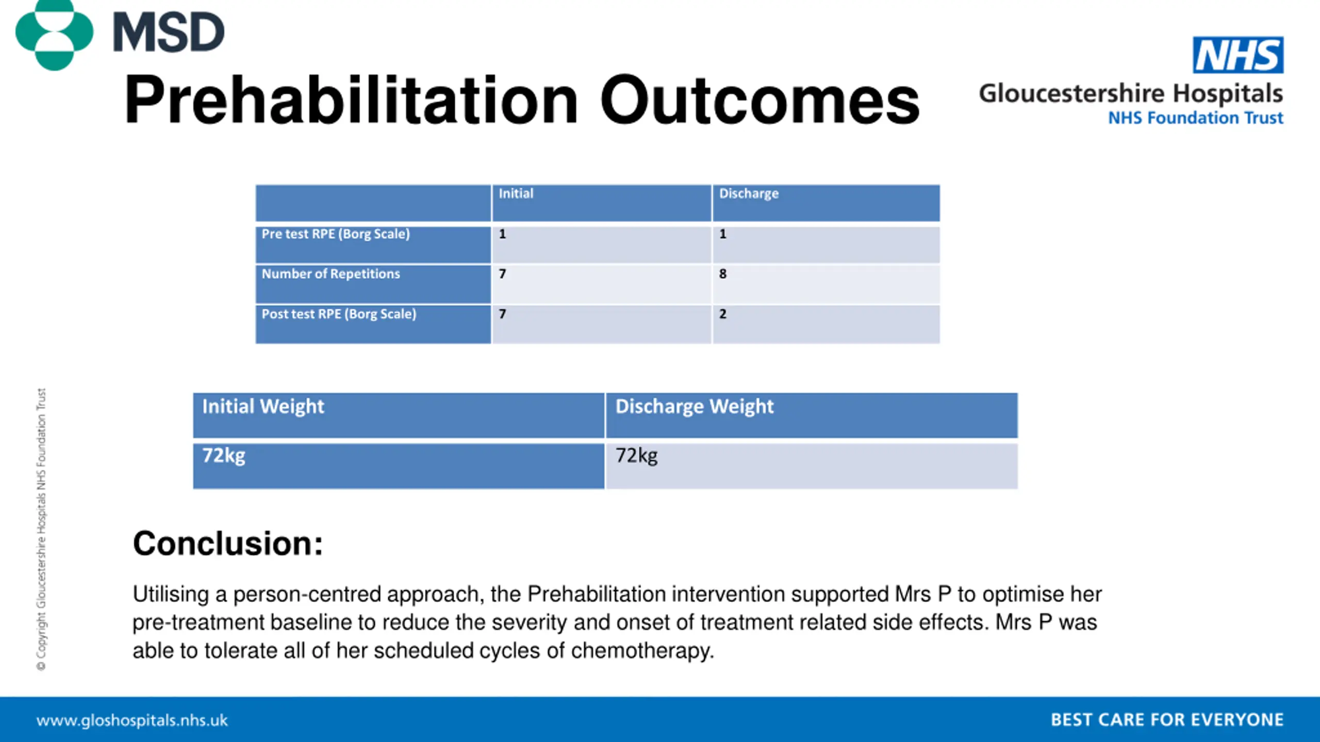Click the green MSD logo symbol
(54, 34)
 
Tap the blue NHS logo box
(1237, 55)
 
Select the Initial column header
(516, 194)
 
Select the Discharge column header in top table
(749, 194)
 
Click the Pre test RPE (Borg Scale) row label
(336, 234)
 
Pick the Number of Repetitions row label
(331, 274)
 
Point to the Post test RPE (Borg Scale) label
(339, 314)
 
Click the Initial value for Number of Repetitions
(502, 274)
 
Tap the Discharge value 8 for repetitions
(723, 274)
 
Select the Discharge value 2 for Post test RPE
(723, 314)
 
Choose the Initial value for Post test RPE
(502, 314)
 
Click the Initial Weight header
(263, 407)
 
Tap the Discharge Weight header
(695, 407)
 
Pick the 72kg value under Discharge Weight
(637, 456)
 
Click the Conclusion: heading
(228, 544)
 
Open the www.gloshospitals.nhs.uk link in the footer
(132, 720)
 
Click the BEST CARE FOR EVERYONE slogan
(1167, 720)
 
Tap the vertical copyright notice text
(41, 529)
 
